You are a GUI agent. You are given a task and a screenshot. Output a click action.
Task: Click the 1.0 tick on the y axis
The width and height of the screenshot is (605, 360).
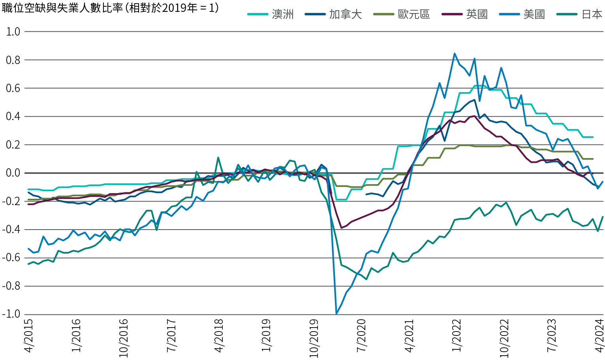coord(13,32)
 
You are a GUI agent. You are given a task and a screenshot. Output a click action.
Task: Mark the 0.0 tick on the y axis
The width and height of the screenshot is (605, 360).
coord(13,173)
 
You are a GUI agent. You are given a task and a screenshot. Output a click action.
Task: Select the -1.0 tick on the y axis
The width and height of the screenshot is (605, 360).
coord(12,315)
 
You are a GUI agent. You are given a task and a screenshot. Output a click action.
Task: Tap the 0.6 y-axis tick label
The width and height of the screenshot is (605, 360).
coord(13,88)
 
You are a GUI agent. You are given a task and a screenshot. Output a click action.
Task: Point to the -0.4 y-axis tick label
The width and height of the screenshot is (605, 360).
coord(12,230)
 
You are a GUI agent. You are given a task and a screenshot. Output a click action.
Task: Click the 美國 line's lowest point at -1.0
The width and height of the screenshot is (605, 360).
coord(336,314)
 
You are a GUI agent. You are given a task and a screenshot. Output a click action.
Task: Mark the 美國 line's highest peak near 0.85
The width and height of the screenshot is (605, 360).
coord(455,53)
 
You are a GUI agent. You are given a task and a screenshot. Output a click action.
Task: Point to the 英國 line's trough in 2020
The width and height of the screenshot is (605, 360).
coord(341,228)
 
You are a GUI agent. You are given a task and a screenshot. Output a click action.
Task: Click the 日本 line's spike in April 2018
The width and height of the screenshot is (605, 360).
coord(218,157)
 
